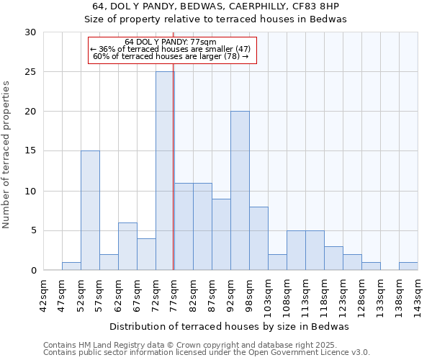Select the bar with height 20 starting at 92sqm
tap(240, 191)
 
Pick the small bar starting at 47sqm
tap(71, 266)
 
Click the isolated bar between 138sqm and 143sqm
tap(408, 266)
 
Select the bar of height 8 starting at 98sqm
tap(258, 238)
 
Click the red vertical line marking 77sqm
tap(174, 180)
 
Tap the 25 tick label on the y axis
tap(30, 72)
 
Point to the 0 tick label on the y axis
tap(33, 271)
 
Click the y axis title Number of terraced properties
tap(6, 155)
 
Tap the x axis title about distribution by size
tap(230, 326)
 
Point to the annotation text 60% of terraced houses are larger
tap(171, 56)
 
